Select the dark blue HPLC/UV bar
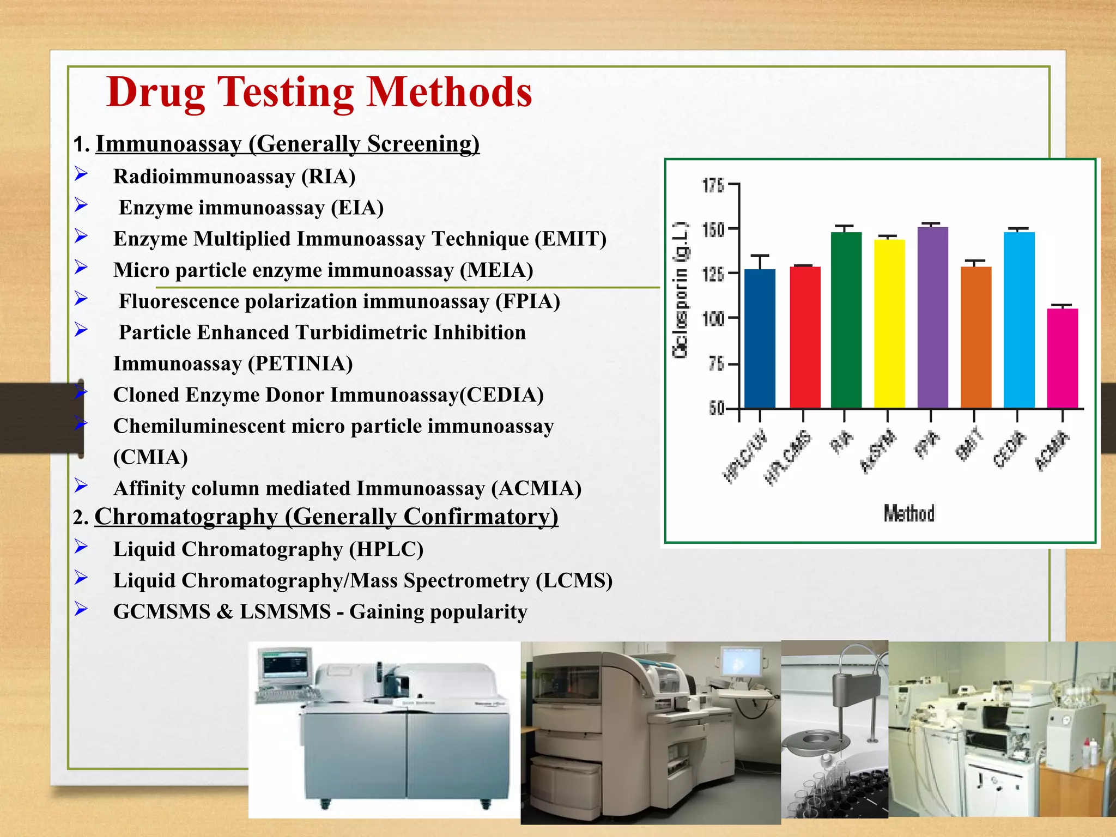coord(760,338)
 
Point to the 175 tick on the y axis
coord(713,185)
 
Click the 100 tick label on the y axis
coord(713,318)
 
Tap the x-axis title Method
coord(909,513)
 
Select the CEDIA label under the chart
coord(1009,449)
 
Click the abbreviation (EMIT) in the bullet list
coord(570,239)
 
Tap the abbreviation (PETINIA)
coord(300,364)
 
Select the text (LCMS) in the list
coord(574,581)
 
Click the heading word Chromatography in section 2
coord(186,517)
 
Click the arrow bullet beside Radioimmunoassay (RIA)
coord(81,174)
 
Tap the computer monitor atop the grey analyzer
coord(283,666)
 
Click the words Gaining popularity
coord(438,612)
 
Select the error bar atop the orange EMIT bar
coord(975,263)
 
